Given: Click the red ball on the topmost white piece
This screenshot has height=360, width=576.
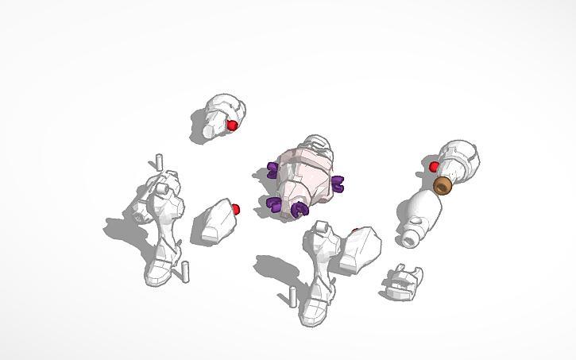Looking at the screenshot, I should pos(232,126).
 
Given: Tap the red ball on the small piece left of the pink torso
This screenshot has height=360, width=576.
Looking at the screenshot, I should pos(236,209).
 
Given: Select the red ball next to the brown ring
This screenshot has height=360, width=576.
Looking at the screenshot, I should pos(434,167).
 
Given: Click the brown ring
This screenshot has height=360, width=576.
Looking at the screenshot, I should pos(443,186).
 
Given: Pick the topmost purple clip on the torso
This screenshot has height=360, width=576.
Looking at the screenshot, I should pos(273,168).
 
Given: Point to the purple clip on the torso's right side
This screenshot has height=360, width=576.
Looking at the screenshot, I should pos(337,184).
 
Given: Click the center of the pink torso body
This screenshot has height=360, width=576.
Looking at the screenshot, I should pos(304,176).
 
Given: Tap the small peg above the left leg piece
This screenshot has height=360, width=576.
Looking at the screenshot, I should pos(159,160).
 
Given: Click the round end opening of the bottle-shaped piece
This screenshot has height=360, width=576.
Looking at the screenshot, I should pos(408,237).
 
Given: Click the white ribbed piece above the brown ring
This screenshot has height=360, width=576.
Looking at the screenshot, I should pos(459,161).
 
